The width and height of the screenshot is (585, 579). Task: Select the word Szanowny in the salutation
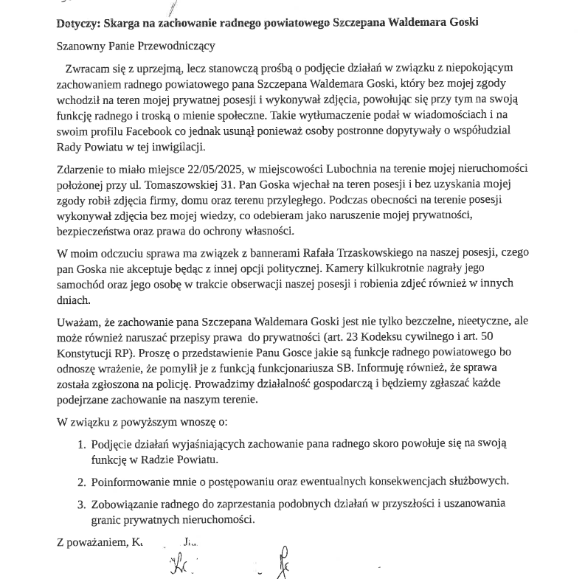point(79,46)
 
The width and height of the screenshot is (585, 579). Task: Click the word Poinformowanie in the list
point(128,482)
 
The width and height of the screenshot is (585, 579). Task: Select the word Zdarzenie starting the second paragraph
point(80,168)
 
